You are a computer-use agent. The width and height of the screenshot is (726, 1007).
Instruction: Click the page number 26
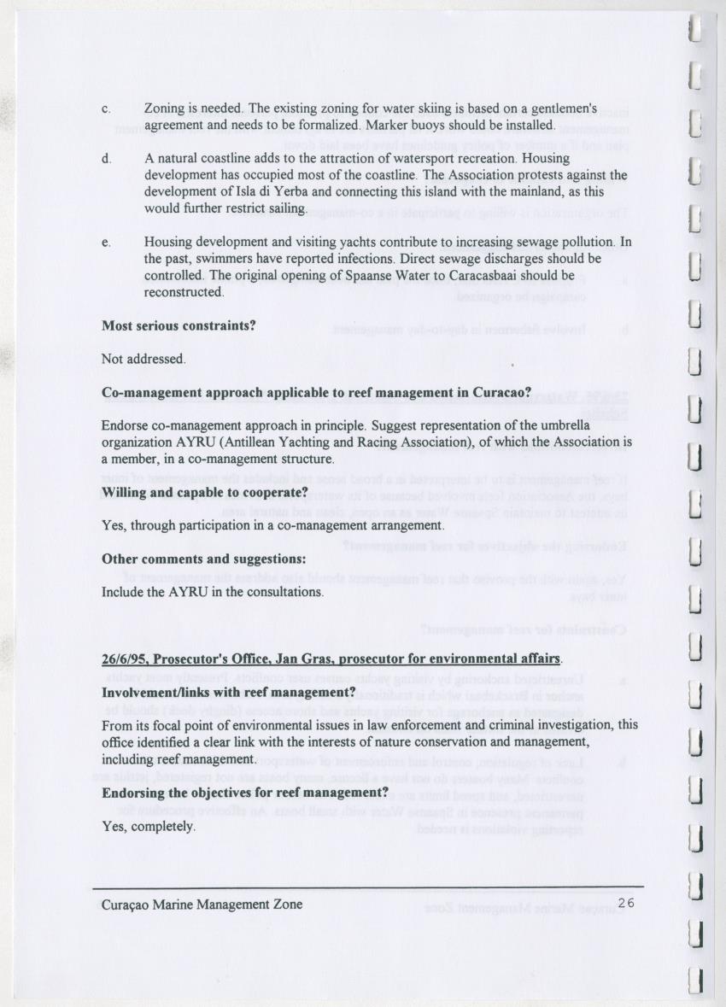click(x=626, y=903)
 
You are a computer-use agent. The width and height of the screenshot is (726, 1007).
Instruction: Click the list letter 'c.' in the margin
click(x=106, y=109)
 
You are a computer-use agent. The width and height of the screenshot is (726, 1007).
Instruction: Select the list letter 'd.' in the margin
click(x=106, y=159)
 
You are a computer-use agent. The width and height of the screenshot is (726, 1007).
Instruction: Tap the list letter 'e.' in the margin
click(x=106, y=243)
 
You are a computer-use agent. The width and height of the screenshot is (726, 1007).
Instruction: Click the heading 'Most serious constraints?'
click(x=179, y=325)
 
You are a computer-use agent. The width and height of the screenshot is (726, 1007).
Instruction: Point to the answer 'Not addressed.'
click(x=143, y=359)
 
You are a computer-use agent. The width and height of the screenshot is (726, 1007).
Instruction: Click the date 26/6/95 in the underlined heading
click(x=124, y=659)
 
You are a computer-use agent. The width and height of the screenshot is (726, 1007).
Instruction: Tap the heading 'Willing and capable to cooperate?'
click(x=204, y=493)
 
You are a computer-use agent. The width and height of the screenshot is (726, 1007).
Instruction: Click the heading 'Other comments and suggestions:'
click(x=203, y=559)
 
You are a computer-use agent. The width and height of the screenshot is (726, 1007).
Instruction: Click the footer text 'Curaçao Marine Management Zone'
click(x=202, y=904)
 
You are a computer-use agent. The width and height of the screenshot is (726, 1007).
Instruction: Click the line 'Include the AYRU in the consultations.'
click(x=212, y=592)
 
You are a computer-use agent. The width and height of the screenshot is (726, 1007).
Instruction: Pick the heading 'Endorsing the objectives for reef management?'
click(x=245, y=793)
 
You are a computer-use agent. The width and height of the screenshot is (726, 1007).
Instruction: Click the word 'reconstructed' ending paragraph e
click(x=183, y=291)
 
